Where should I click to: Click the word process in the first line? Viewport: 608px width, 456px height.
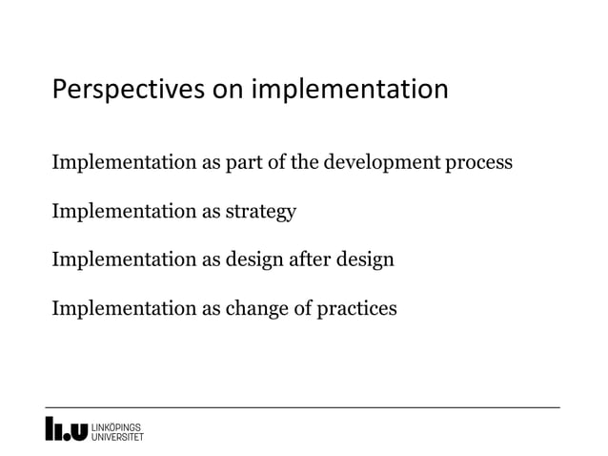478,163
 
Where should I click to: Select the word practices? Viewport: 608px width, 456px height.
355,308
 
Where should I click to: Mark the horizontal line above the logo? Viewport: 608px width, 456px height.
303,407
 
